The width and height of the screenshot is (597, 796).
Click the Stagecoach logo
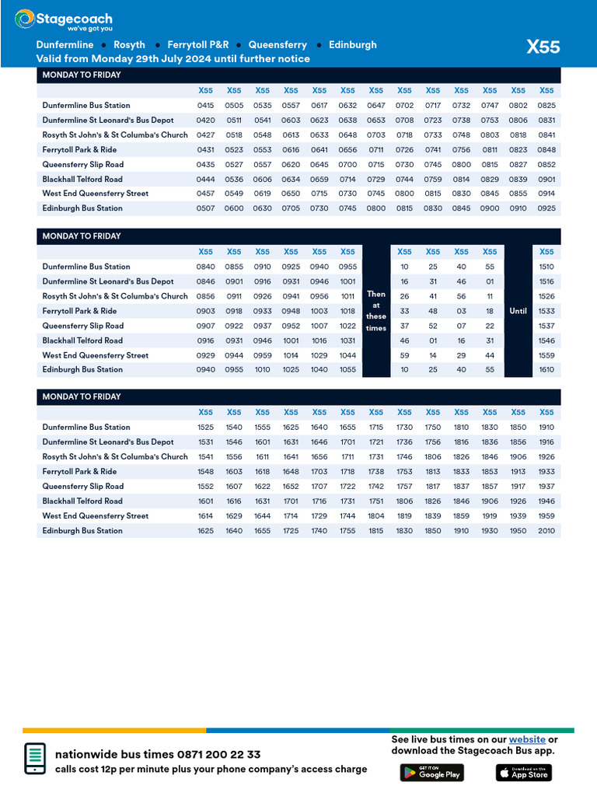(x=63, y=20)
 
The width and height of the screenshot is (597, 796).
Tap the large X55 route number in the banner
(x=543, y=47)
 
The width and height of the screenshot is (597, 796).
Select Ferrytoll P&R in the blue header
(x=197, y=45)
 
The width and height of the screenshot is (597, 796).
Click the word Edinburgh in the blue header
(x=352, y=45)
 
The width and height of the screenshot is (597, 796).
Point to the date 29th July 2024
(x=176, y=59)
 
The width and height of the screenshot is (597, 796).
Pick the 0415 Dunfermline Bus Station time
(x=205, y=106)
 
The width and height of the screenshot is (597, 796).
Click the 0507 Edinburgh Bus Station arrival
(x=205, y=208)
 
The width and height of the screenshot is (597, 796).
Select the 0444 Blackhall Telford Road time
(x=205, y=179)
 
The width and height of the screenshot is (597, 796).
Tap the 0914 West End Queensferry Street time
(x=546, y=194)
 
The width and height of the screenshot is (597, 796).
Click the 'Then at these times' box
(x=376, y=311)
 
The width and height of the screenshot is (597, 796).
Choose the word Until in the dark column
(x=518, y=311)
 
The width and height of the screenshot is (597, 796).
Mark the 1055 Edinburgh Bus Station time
(x=347, y=370)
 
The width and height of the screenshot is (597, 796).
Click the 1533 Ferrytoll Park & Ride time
(x=546, y=311)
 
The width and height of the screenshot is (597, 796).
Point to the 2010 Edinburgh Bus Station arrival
(x=546, y=531)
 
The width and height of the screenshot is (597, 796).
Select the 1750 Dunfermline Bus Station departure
(x=433, y=428)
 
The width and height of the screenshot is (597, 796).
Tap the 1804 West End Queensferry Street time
(x=376, y=516)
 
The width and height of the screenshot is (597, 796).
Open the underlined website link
(x=527, y=739)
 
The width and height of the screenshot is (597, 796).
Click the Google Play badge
(x=431, y=772)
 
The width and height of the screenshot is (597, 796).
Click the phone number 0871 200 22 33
(x=218, y=755)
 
